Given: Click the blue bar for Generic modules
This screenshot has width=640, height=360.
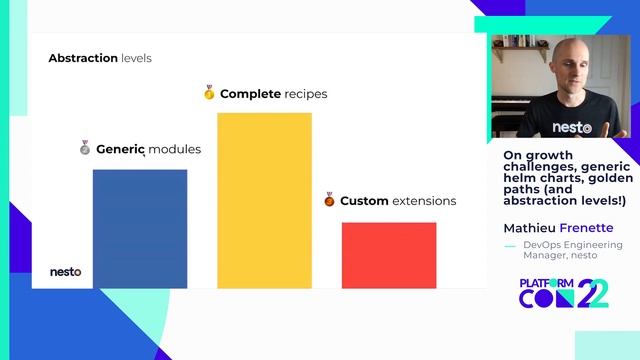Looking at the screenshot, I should [140, 228].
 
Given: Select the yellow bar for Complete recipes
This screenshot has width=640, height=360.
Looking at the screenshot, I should [264, 200].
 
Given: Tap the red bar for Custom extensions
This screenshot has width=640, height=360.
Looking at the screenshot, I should [389, 254].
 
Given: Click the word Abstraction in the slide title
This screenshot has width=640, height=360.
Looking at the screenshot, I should [83, 58].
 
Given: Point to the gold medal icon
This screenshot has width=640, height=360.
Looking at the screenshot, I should [209, 93].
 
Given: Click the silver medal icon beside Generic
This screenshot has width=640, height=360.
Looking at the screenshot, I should [85, 148].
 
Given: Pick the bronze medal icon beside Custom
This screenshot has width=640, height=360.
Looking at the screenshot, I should [329, 200].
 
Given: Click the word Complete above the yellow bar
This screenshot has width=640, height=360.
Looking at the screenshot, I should [250, 94].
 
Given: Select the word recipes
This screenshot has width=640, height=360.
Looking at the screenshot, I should [305, 94].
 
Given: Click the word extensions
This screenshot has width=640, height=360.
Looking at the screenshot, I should [424, 201].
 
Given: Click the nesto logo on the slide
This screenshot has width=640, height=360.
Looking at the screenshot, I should [66, 271].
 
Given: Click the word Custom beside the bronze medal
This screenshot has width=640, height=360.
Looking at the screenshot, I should [364, 201].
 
